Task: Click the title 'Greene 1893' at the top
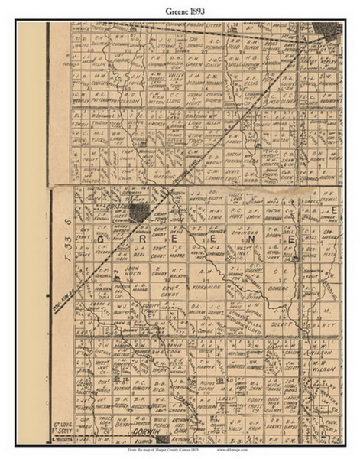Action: point(180,10)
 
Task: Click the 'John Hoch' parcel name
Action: point(134,270)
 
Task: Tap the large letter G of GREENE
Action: point(102,241)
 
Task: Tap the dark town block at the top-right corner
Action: point(331,33)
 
